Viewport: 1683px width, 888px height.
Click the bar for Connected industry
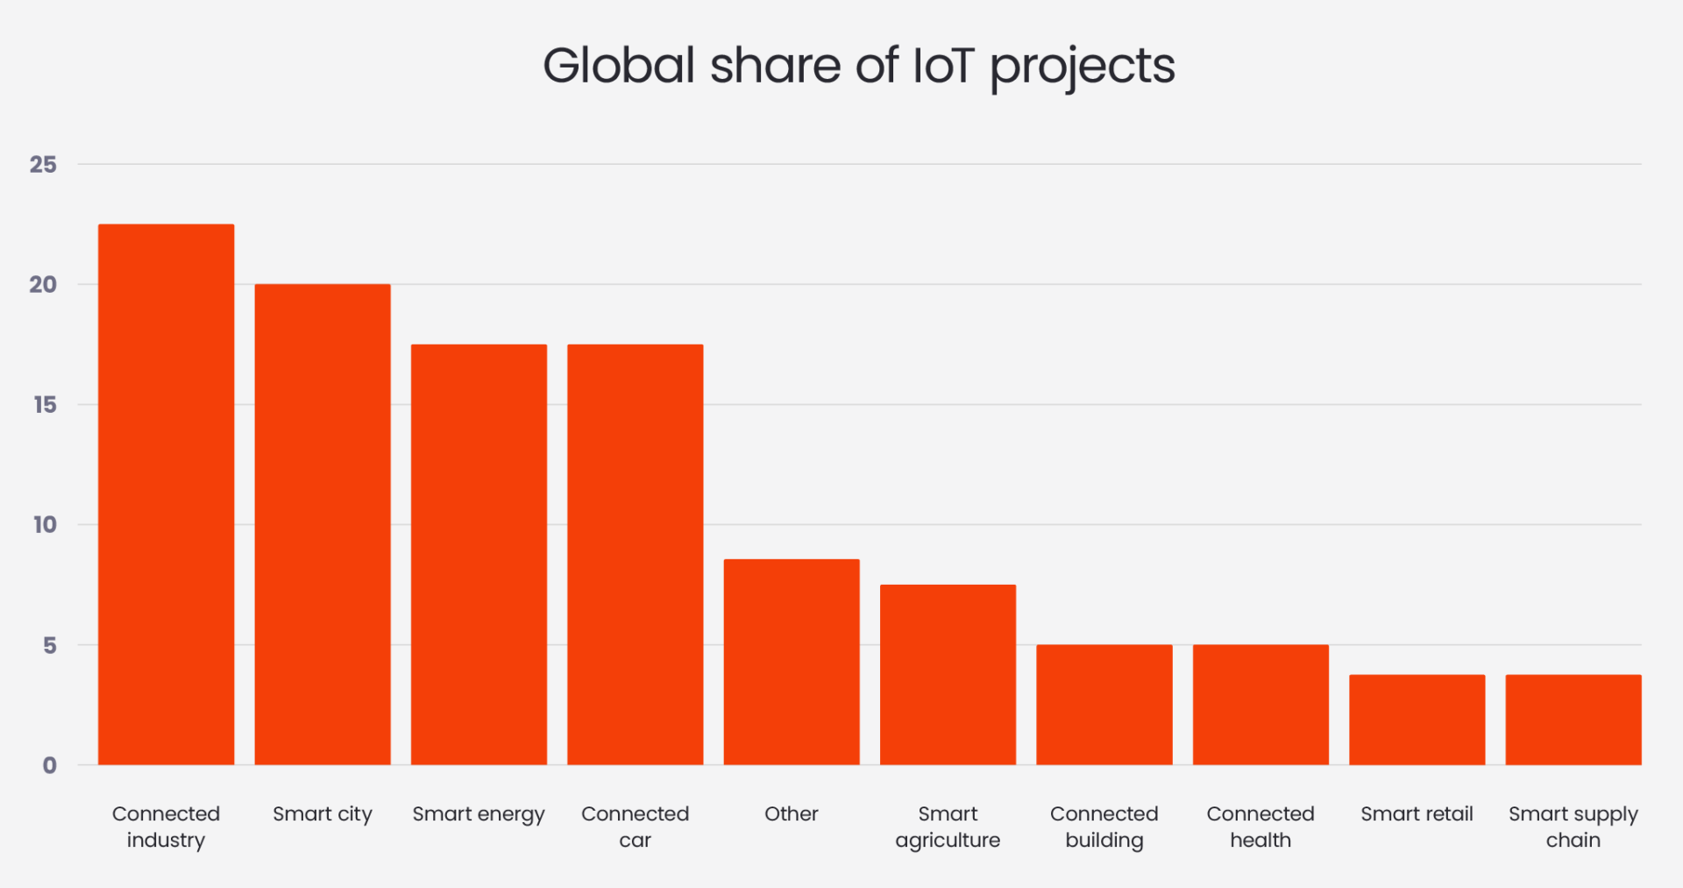pyautogui.click(x=166, y=494)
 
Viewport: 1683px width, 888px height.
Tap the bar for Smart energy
pyautogui.click(x=479, y=554)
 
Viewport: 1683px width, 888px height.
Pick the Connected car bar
pyautogui.click(x=635, y=554)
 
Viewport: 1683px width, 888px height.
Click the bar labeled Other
pyautogui.click(x=792, y=662)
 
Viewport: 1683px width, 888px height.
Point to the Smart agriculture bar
pyautogui.click(x=948, y=675)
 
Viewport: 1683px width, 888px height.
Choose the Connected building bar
pyautogui.click(x=1104, y=705)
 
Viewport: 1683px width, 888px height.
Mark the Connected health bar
pyautogui.click(x=1260, y=705)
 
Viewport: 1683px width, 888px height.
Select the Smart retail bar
pyautogui.click(x=1417, y=720)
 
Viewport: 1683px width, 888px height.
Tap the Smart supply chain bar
pyautogui.click(x=1573, y=720)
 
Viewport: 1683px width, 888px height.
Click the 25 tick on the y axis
pyautogui.click(x=43, y=165)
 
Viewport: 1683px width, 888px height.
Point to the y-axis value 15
pyautogui.click(x=45, y=405)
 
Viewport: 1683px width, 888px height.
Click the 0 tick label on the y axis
pyautogui.click(x=50, y=765)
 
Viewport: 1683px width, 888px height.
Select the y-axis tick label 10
pyautogui.click(x=45, y=525)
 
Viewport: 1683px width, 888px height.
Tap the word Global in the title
pyautogui.click(x=619, y=66)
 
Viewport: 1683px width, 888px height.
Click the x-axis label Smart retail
pyautogui.click(x=1417, y=813)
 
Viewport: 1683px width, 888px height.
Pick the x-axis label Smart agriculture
pyautogui.click(x=948, y=827)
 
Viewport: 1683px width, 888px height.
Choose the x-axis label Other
pyautogui.click(x=792, y=813)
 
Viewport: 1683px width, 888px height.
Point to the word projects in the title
pyautogui.click(x=1083, y=67)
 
